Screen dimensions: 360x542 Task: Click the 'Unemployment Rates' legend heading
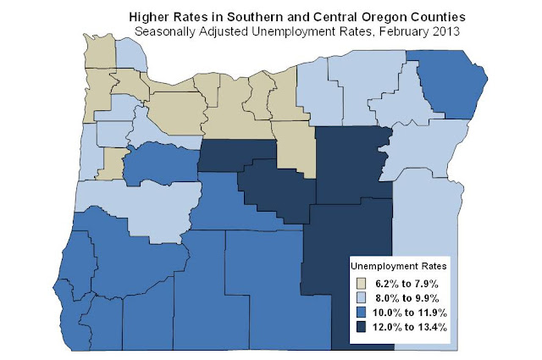click(399, 266)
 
